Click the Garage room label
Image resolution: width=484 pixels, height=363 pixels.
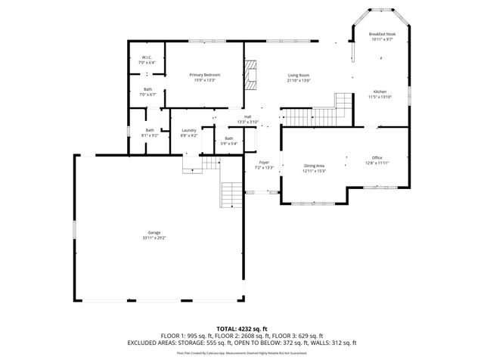(154, 233)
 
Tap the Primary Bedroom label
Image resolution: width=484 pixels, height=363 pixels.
(205, 75)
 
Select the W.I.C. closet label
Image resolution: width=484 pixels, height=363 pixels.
(148, 58)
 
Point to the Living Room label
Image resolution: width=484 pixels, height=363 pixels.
(299, 75)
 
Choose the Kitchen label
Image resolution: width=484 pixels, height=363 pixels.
(380, 92)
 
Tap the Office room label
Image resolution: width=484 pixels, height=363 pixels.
(376, 157)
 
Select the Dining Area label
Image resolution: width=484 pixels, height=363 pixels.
(315, 166)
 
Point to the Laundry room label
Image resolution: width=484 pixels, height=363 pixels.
(189, 131)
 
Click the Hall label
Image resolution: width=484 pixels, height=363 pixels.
(247, 116)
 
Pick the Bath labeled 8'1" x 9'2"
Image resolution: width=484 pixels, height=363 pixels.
(150, 131)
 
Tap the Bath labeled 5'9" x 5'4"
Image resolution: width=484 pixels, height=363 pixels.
(229, 138)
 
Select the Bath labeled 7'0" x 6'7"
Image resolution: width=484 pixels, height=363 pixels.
(147, 90)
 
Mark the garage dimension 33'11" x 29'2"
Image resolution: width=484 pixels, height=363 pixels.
(154, 238)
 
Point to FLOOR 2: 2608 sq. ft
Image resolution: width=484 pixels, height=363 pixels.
(241, 336)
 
